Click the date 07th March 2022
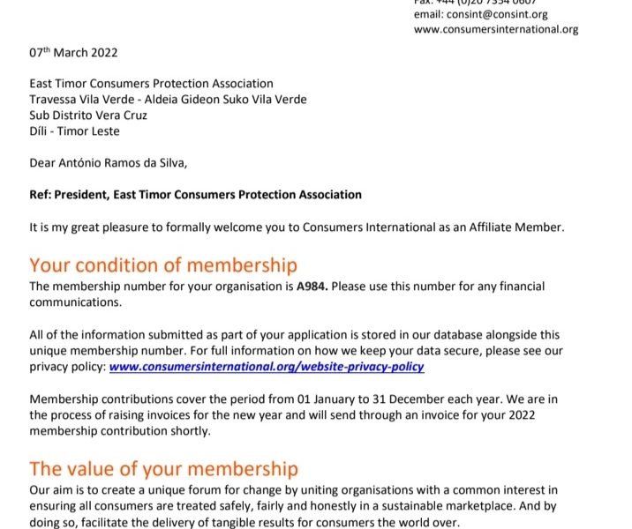pos(73,53)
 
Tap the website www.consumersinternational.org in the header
pos(496,29)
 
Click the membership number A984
pos(310,287)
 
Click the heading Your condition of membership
pos(163,265)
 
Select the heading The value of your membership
pos(163,468)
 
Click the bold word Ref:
pos(41,195)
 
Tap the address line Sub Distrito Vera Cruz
pos(88,115)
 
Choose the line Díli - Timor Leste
pos(74,131)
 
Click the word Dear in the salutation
pos(43,163)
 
